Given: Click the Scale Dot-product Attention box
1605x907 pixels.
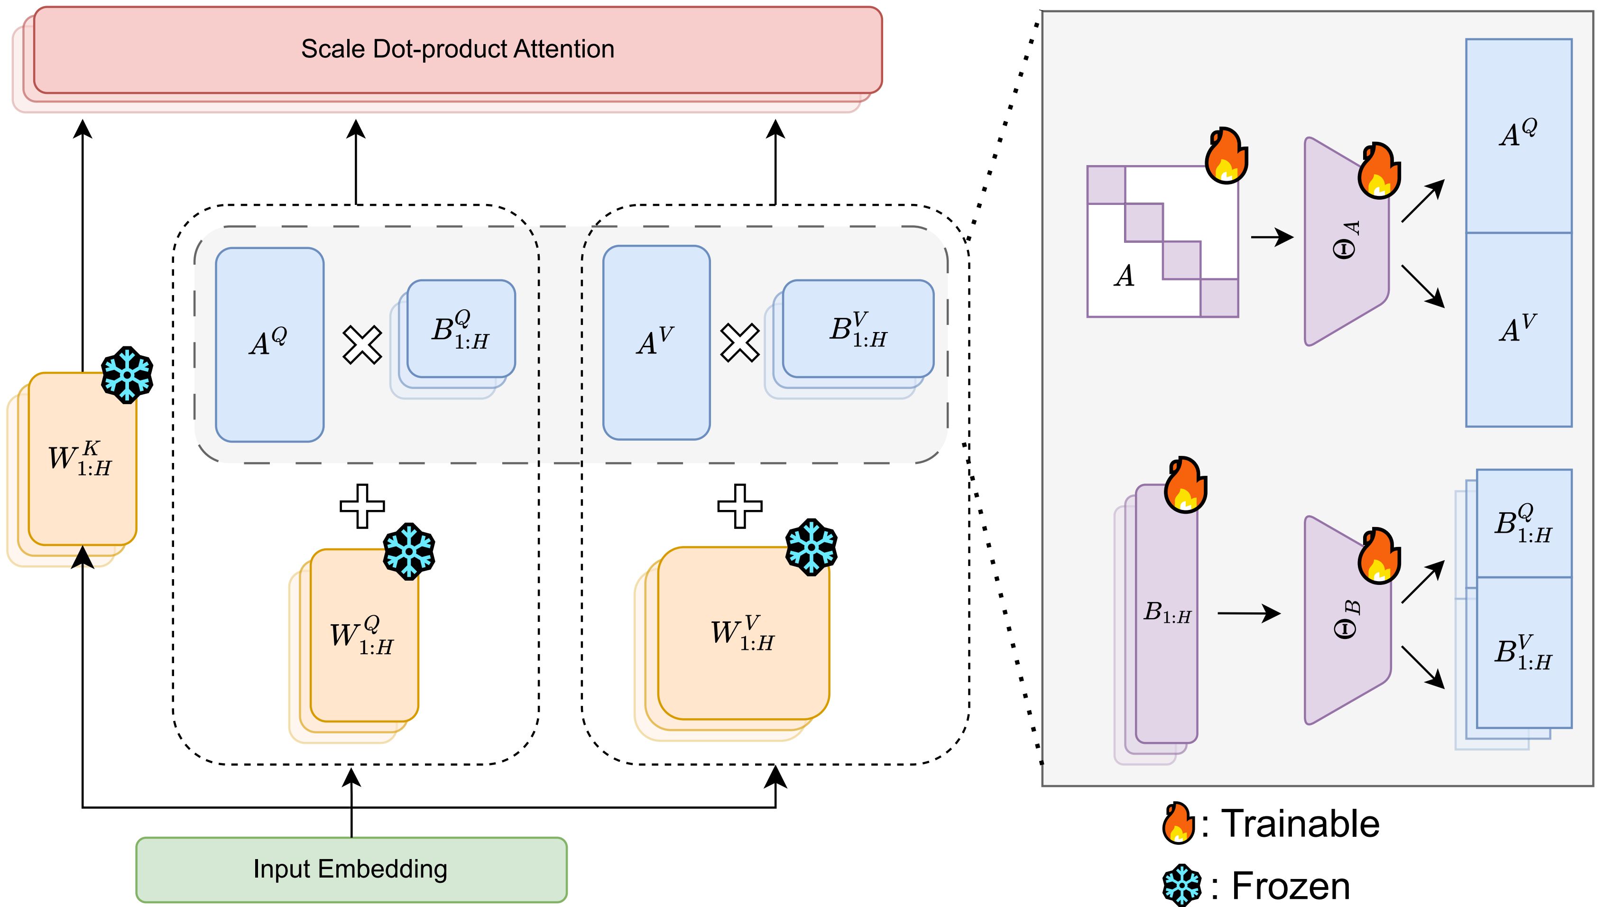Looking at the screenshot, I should [x=458, y=50].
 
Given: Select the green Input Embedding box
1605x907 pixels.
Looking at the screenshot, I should [x=351, y=869].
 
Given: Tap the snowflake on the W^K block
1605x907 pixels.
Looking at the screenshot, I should [x=127, y=375].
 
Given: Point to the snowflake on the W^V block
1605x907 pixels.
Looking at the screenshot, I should [x=811, y=546].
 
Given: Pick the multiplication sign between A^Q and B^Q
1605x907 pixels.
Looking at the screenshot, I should [x=363, y=344].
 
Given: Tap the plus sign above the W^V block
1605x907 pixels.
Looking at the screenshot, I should [x=739, y=506].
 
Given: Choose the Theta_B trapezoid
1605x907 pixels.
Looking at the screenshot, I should [x=1346, y=621].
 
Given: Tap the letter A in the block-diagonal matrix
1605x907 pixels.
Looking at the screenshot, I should [x=1125, y=276].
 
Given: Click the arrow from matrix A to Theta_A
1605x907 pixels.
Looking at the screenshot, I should [x=1272, y=238].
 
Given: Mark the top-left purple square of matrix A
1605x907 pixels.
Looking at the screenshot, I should [x=1106, y=185].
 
